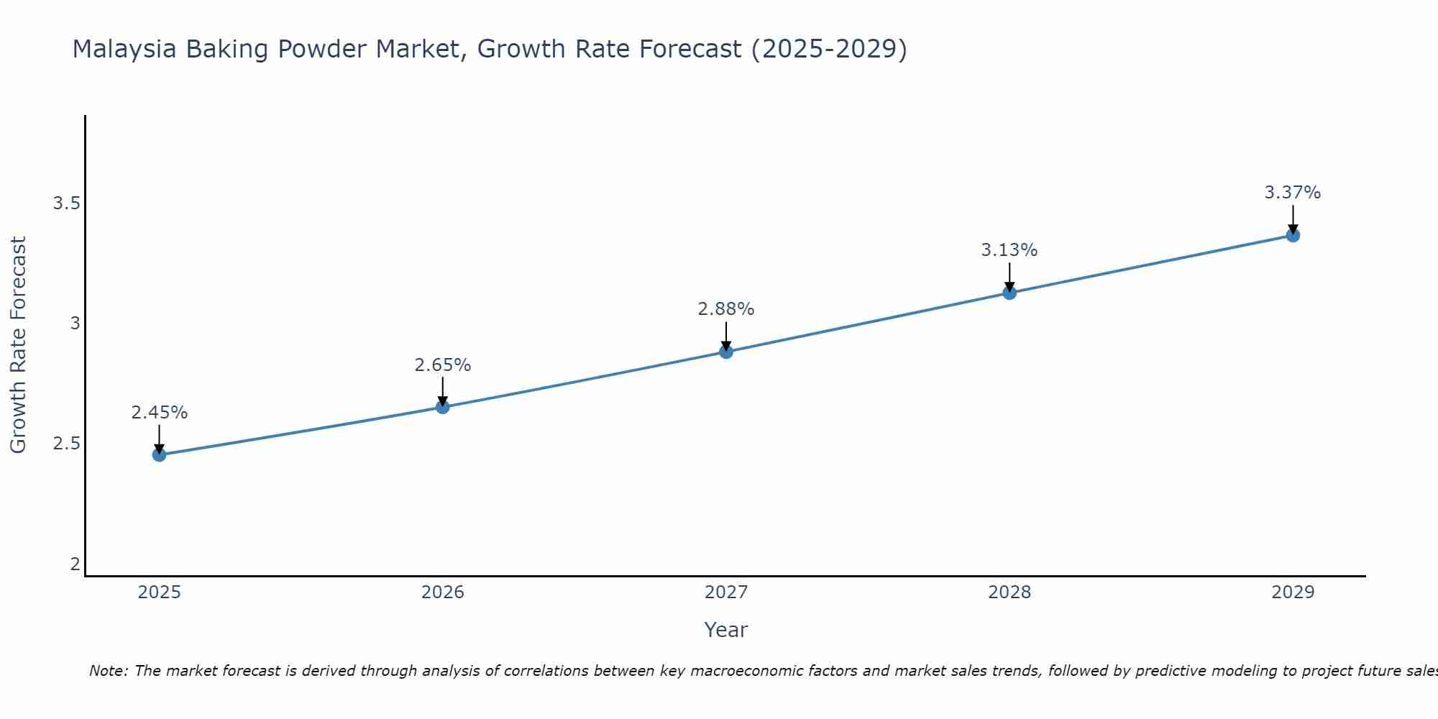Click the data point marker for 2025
tap(159, 454)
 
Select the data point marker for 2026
tap(442, 407)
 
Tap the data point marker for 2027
tap(725, 352)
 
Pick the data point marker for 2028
tap(1009, 293)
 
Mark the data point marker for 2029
tap(1292, 235)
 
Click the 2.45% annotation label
tap(159, 413)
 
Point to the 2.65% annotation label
tap(442, 365)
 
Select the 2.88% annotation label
tap(725, 309)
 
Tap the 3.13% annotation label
tap(1009, 250)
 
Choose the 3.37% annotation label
tap(1292, 193)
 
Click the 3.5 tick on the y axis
tap(66, 203)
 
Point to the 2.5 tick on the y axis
tap(66, 444)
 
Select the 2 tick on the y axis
tap(75, 564)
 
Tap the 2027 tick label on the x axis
tap(725, 592)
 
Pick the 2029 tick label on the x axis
tap(1292, 592)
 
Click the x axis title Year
tap(725, 630)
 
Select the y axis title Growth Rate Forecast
tap(18, 345)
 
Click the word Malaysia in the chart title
tap(124, 49)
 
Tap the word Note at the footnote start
tap(108, 671)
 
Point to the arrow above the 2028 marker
tap(1009, 277)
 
